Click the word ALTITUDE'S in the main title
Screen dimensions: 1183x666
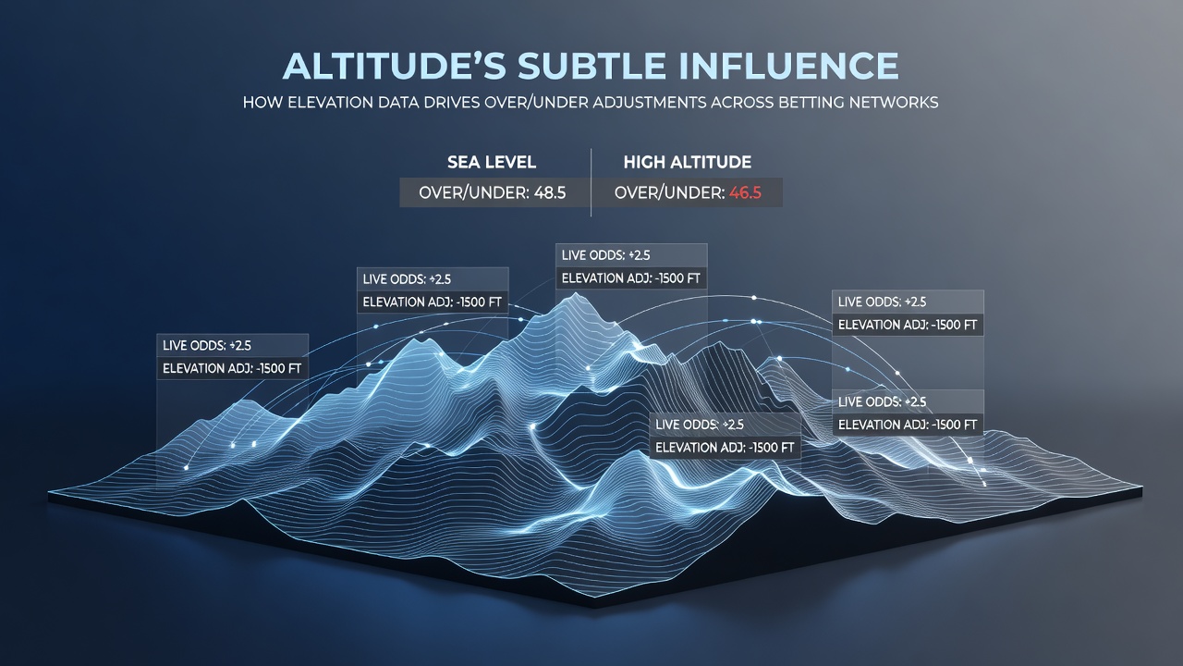pos(395,66)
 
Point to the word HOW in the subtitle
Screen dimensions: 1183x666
pos(262,102)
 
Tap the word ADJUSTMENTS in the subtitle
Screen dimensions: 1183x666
pos(649,102)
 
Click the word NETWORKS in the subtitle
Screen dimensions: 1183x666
pos(894,102)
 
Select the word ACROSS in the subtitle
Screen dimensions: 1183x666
pos(741,102)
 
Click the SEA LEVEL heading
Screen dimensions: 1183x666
pos(492,162)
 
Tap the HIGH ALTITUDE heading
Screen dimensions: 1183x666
pos(687,162)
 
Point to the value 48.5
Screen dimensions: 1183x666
pos(550,193)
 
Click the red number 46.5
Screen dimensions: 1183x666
pos(745,193)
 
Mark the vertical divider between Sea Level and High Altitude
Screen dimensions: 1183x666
pos(591,182)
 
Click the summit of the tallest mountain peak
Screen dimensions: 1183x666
pos(576,294)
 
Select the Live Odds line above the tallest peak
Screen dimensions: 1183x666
pos(605,255)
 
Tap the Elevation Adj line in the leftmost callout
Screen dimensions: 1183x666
pos(232,368)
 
